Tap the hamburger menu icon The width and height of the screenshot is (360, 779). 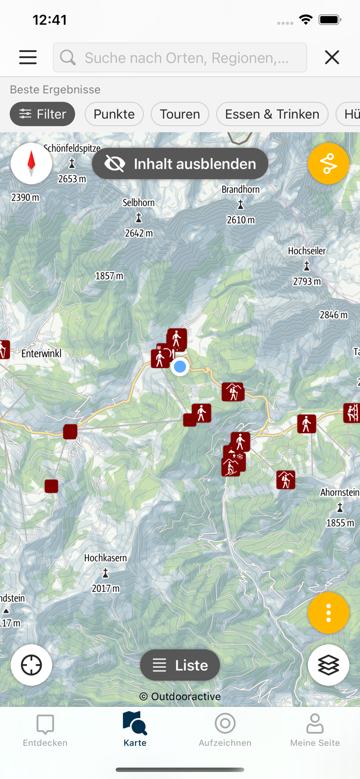tap(28, 57)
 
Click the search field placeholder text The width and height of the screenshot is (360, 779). tap(186, 58)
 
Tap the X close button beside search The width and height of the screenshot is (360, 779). tap(332, 57)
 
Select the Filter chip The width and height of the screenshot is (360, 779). tap(43, 114)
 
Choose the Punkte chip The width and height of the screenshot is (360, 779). tap(114, 114)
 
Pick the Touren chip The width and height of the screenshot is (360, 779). tap(180, 114)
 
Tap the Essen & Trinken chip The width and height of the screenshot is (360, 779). tap(272, 114)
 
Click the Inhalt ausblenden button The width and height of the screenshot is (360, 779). tap(180, 164)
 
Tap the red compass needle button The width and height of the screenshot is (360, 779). tap(31, 163)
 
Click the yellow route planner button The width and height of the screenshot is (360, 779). tap(328, 164)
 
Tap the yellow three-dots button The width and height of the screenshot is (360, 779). tap(328, 613)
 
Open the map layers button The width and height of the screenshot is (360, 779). tap(328, 665)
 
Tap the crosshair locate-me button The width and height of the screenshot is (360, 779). tap(31, 665)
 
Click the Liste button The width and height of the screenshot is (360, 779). tap(180, 665)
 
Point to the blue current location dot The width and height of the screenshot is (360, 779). tap(180, 367)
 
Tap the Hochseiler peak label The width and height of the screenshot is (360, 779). tap(307, 251)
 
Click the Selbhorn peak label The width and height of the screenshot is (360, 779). tap(139, 203)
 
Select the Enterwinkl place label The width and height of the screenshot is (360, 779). tap(42, 354)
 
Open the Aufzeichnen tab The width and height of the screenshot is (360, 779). tap(225, 730)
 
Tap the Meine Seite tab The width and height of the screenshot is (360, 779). tap(315, 730)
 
